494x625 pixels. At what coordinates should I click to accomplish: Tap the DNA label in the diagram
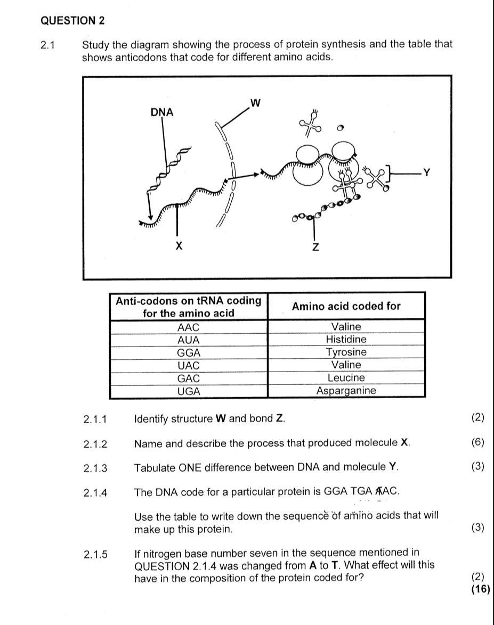click(162, 112)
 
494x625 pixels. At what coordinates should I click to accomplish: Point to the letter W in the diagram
click(255, 103)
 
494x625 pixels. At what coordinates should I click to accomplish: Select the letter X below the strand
click(179, 246)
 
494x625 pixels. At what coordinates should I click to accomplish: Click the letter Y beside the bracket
click(426, 172)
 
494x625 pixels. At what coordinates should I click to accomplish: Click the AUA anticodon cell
click(188, 340)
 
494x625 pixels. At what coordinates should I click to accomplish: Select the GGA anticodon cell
click(188, 352)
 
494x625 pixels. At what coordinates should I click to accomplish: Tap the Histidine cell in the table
click(346, 340)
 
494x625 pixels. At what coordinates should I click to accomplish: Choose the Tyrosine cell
click(346, 352)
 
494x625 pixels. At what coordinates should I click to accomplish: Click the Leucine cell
click(346, 378)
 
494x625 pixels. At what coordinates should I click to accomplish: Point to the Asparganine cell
click(346, 391)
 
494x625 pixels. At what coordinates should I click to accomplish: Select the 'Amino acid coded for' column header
click(346, 306)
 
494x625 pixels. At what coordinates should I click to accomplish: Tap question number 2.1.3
click(95, 468)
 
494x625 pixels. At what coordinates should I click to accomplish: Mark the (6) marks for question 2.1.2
click(478, 443)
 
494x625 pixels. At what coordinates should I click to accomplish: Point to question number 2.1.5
click(95, 554)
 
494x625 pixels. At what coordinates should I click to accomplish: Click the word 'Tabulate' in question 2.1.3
click(155, 467)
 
